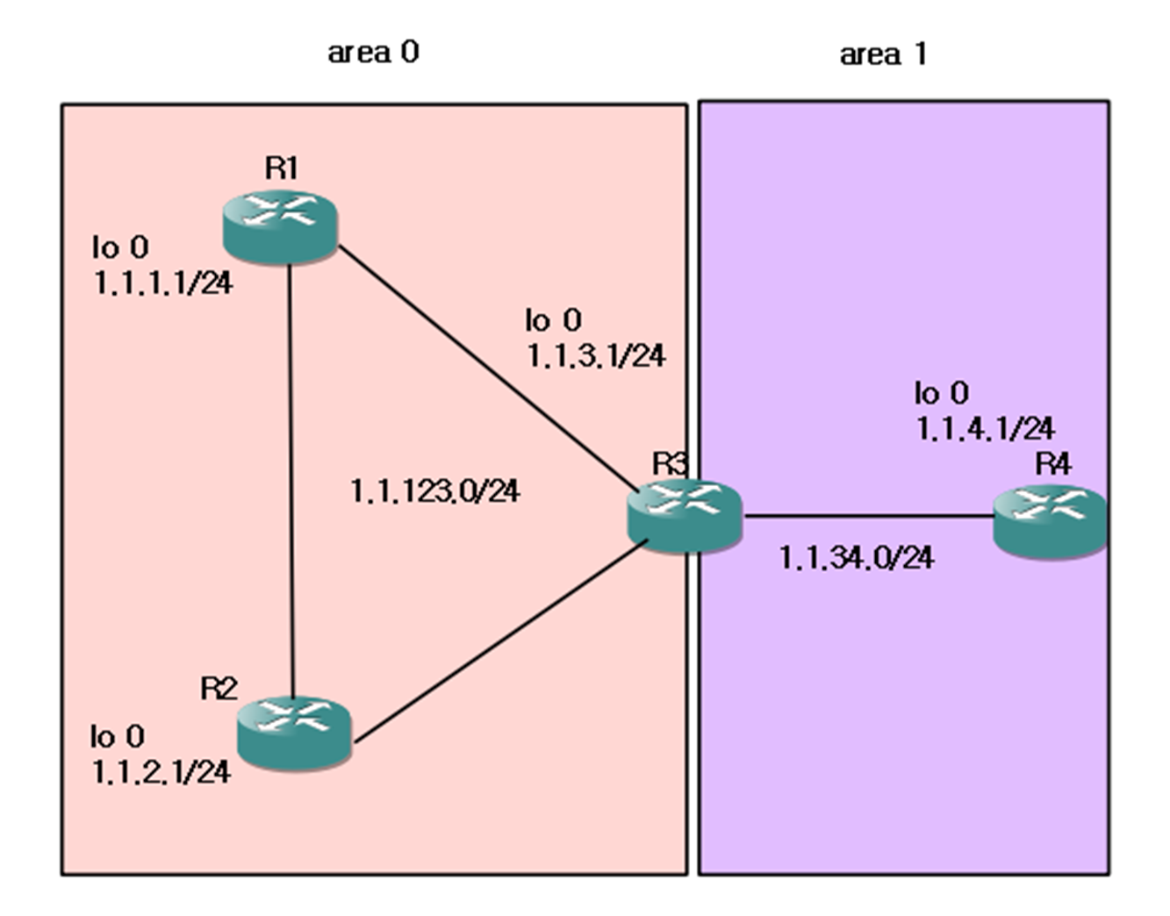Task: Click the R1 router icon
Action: [280, 226]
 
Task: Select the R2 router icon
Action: [294, 732]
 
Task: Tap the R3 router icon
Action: [685, 516]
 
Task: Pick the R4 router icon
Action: [1050, 521]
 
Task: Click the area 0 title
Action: [373, 53]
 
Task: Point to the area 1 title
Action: [883, 54]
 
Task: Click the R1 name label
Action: [282, 168]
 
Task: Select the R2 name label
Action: [219, 689]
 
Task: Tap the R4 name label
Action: [1052, 463]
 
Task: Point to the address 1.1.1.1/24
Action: [163, 283]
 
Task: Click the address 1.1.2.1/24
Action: [162, 771]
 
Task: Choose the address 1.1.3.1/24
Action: [596, 355]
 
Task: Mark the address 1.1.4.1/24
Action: [985, 428]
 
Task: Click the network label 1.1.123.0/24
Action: [435, 490]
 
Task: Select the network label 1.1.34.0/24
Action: [857, 557]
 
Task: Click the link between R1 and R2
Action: [291, 474]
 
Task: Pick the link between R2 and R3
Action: [500, 644]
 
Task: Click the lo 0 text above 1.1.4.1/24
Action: [942, 392]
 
